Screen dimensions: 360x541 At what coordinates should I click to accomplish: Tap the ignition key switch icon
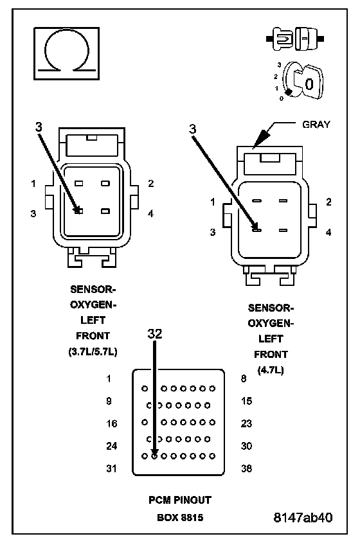(301, 82)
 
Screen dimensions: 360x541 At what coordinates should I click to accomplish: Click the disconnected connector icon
(295, 39)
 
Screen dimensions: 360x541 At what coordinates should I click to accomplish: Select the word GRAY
(316, 124)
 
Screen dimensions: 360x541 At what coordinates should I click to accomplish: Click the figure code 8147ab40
(303, 517)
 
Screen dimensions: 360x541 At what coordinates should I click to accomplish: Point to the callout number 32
(155, 333)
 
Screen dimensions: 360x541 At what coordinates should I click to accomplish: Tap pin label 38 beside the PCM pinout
(246, 468)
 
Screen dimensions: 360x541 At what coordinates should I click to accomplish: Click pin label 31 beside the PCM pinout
(111, 468)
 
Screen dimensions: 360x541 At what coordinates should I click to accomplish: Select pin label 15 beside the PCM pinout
(246, 401)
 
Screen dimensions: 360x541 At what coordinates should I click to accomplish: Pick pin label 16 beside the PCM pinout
(111, 423)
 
